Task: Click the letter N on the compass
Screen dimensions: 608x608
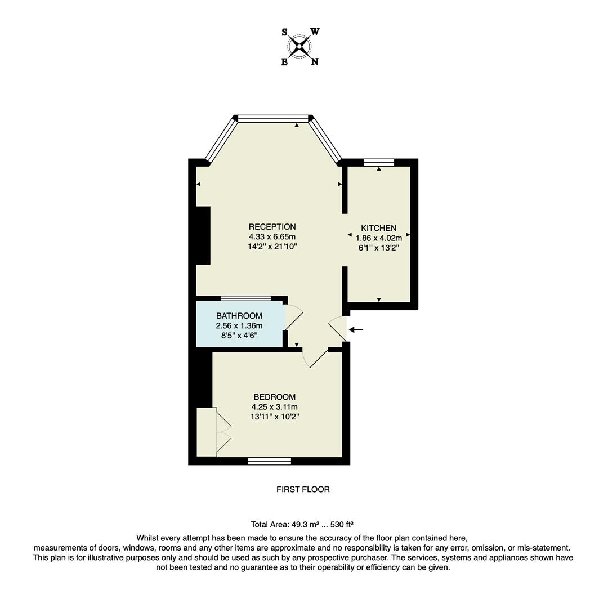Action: coord(315,62)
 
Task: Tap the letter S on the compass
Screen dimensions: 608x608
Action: coord(284,33)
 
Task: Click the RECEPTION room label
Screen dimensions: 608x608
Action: coord(272,227)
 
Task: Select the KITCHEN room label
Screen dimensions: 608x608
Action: coord(378,228)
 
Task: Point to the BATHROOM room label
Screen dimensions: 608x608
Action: coord(239,316)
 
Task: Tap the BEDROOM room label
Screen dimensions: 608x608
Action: coord(274,397)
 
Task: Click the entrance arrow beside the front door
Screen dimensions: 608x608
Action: coord(356,330)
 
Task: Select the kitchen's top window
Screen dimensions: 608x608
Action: coord(378,163)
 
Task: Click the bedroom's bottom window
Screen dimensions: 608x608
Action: coord(269,461)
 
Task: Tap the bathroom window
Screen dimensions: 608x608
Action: coord(245,298)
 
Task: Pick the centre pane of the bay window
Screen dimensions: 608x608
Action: coord(273,118)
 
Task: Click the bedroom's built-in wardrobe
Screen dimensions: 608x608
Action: coord(207,432)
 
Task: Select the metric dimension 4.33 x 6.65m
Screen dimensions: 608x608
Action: coord(272,237)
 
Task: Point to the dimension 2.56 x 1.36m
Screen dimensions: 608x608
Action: coord(239,326)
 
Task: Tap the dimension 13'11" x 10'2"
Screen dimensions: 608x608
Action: coord(274,417)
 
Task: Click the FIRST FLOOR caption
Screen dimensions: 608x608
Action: coord(303,489)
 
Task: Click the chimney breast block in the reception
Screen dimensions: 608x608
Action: coord(203,235)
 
